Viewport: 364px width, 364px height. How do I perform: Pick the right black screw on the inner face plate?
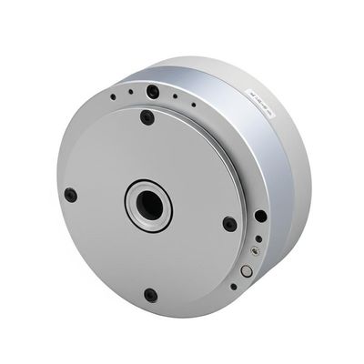pyautogui.click(x=229, y=223)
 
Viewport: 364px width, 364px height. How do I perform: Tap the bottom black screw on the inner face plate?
pyautogui.click(x=150, y=294)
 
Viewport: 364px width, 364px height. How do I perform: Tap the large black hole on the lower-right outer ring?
pyautogui.click(x=261, y=217)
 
